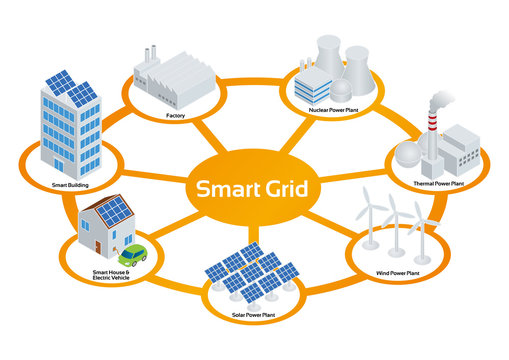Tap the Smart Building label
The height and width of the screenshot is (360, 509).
[x=54, y=186]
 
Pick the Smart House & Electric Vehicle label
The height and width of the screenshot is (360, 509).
[x=112, y=275]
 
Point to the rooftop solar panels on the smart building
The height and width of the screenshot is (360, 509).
[x=70, y=88]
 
